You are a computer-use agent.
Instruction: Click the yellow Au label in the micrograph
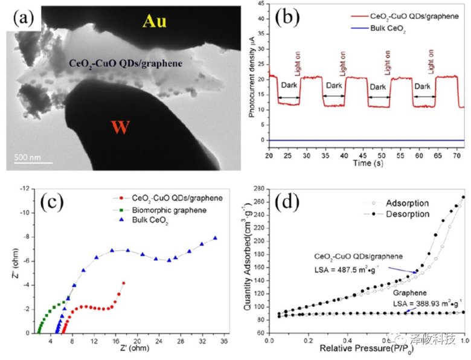tap(155, 22)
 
